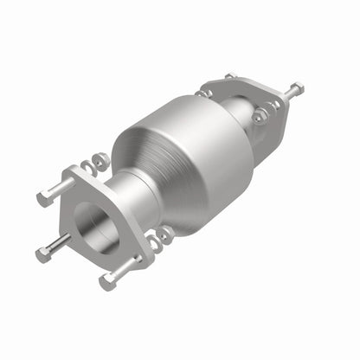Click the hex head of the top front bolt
(42, 198)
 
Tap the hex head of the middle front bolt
(44, 254)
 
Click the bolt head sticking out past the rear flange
(297, 88)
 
